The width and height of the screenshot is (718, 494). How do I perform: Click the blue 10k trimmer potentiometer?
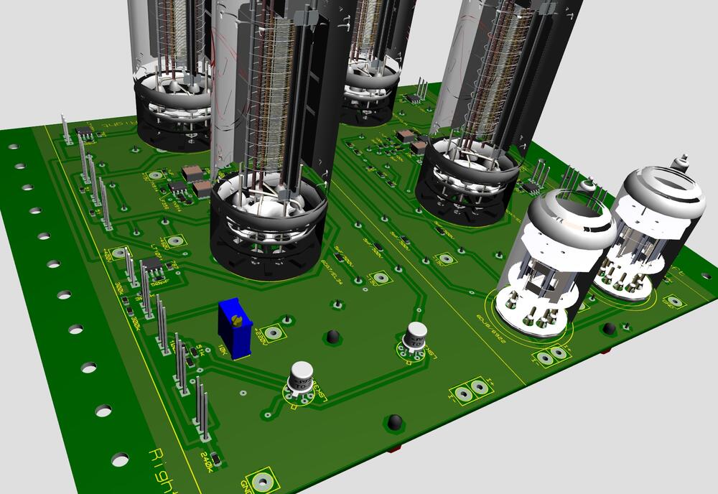(234, 327)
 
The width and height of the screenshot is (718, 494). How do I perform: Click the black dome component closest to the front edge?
(393, 423)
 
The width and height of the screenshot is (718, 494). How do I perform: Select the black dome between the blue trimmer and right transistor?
(332, 336)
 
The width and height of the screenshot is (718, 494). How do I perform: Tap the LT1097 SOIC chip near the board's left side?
(154, 267)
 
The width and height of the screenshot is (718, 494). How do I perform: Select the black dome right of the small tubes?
(609, 329)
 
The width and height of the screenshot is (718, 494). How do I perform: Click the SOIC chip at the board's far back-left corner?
(85, 131)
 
